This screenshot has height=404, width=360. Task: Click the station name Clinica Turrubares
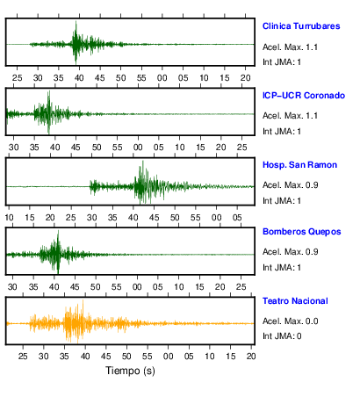301,26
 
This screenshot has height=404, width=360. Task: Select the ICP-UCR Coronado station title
304,96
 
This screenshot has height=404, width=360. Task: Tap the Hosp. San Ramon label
299,165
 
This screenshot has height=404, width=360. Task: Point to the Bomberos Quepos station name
302,232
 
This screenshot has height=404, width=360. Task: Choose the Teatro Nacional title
295,301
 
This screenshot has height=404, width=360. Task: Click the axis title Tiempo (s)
130,371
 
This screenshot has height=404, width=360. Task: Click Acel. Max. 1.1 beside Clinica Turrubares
290,47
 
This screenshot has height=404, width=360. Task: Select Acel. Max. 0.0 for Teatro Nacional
291,321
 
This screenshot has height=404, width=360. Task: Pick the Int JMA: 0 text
282,335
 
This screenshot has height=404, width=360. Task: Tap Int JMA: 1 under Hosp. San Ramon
282,200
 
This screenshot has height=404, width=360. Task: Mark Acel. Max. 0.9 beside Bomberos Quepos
291,251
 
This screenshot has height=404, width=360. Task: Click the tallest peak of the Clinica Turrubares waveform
76,21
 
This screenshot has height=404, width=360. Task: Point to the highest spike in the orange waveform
83,300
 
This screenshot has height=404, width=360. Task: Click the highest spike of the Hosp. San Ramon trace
143,161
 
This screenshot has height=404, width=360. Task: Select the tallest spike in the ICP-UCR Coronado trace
49,91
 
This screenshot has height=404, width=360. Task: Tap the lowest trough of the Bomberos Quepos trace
58,273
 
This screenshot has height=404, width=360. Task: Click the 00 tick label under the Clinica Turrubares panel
162,78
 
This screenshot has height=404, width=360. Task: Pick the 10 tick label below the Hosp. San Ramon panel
9,218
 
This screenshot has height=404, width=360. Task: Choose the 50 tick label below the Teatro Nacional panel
126,356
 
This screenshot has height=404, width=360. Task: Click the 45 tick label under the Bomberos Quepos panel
75,286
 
